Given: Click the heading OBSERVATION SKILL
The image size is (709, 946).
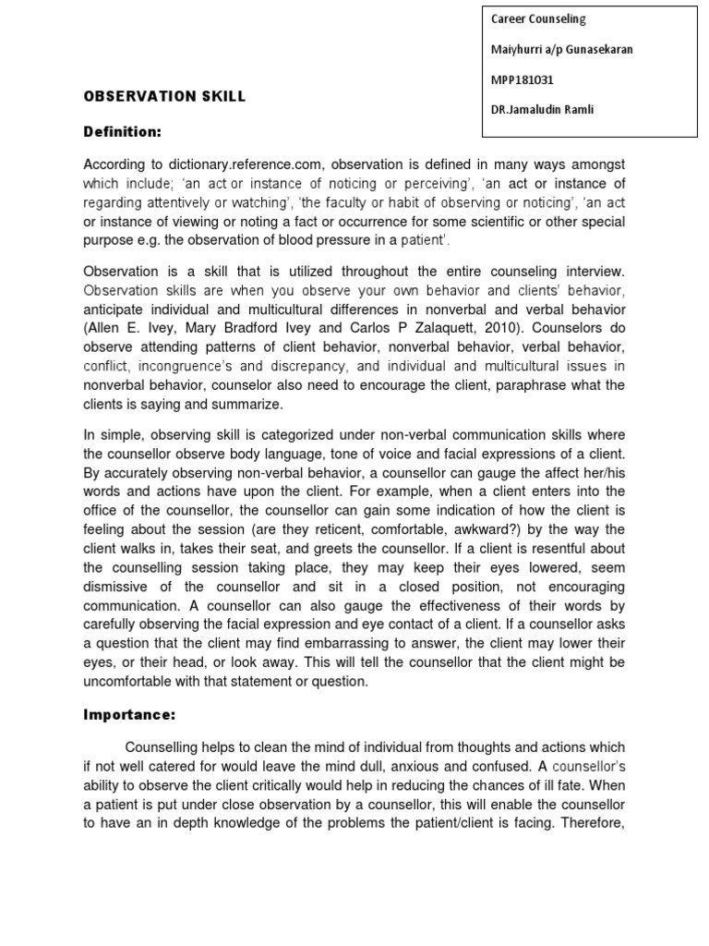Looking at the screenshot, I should (165, 96).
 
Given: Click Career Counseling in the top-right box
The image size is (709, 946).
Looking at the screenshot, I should (537, 18).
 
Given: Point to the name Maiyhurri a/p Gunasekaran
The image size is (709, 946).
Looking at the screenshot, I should (561, 49).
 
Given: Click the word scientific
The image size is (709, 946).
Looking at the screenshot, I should (479, 222).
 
